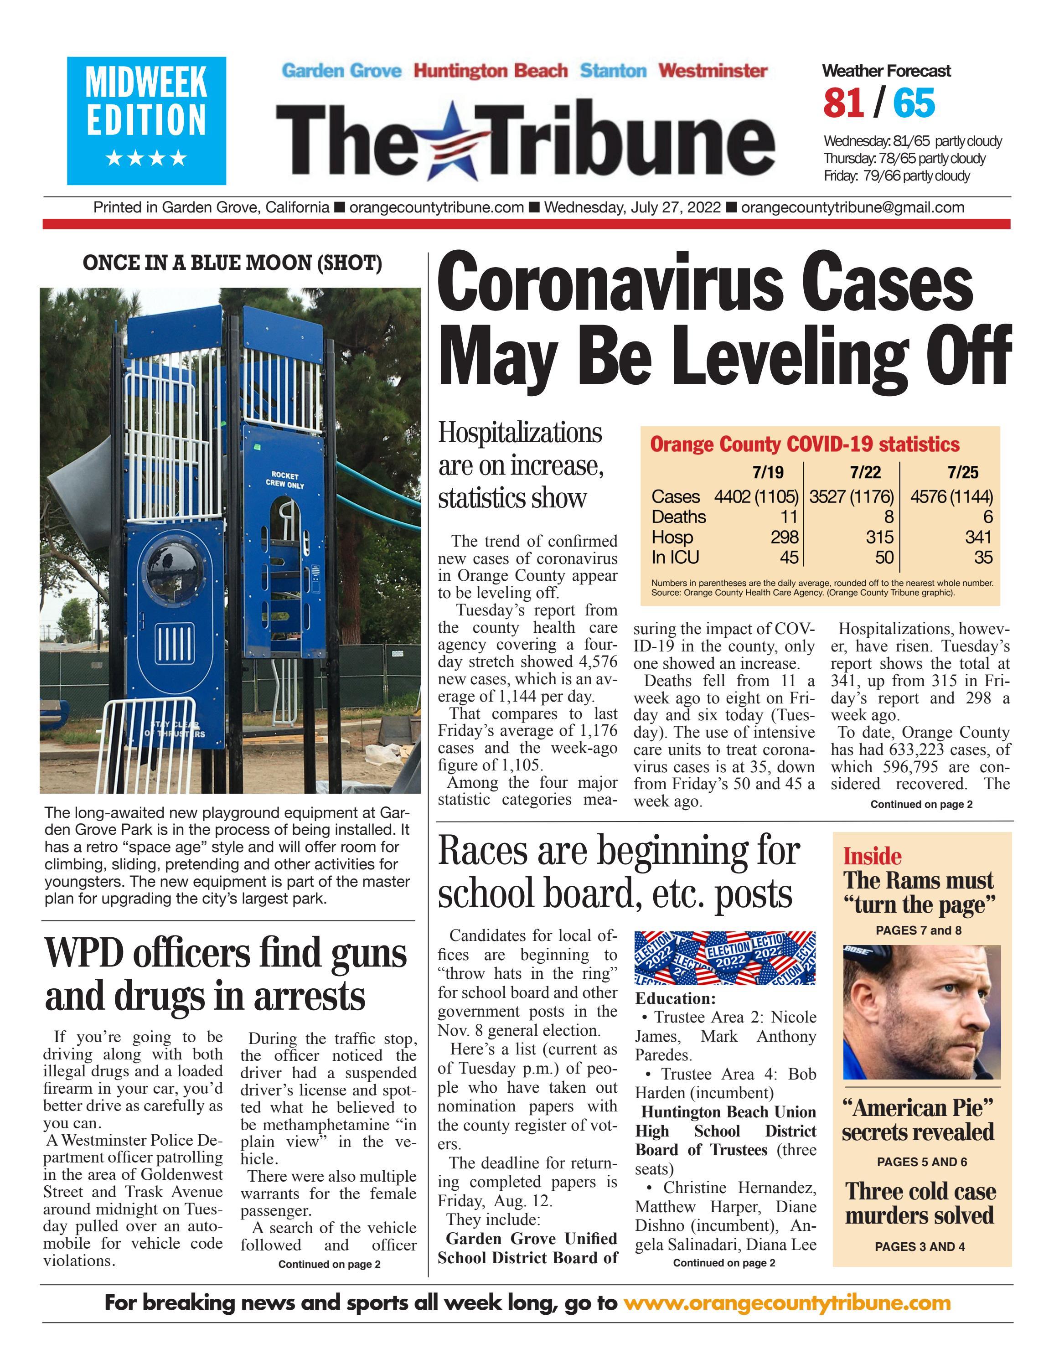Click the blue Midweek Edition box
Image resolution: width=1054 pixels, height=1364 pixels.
click(x=146, y=120)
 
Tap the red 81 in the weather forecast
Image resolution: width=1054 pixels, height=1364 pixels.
click(x=843, y=103)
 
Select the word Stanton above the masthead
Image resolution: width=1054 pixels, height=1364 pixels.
click(x=613, y=71)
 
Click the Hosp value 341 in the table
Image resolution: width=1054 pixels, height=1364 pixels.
click(x=978, y=537)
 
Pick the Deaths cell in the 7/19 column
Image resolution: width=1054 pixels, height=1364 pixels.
click(x=789, y=517)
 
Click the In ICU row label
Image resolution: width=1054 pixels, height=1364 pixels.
click(x=675, y=557)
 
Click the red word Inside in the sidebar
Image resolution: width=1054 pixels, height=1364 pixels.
click(x=872, y=856)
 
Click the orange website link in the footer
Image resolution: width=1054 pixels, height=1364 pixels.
click(x=787, y=1303)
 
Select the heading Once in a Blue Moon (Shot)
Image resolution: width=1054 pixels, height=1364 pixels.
click(x=232, y=263)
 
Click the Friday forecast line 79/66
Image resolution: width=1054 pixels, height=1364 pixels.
click(x=897, y=176)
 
